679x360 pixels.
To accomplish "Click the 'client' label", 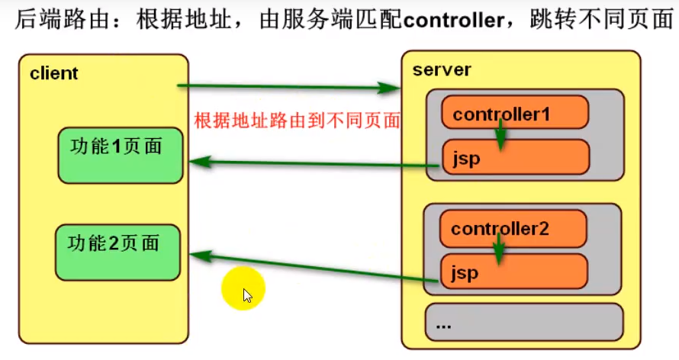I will [x=54, y=74].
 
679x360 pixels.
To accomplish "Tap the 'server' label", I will [x=442, y=70].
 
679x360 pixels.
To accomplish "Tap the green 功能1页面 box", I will [x=120, y=155].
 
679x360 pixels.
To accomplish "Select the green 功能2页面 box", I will [x=117, y=252].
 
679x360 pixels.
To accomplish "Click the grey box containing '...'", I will [x=523, y=323].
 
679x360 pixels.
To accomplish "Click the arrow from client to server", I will [x=290, y=88].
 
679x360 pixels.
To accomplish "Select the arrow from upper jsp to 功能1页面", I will [x=313, y=162].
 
